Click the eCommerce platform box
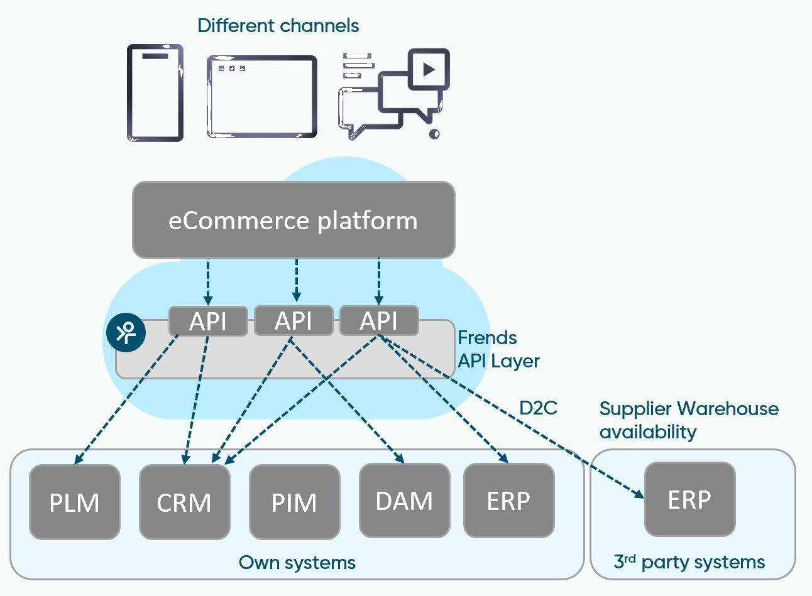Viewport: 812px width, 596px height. (x=293, y=220)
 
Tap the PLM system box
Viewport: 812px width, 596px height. (x=74, y=502)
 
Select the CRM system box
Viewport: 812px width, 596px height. (x=184, y=502)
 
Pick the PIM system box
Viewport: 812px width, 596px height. (x=294, y=502)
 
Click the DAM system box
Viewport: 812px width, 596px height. (x=404, y=501)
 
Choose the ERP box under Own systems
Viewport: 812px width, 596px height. (x=508, y=501)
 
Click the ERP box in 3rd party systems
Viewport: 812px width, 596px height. (x=689, y=499)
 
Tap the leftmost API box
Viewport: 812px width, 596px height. (x=208, y=321)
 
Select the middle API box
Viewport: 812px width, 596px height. (x=294, y=321)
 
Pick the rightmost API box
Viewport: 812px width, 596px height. (x=378, y=321)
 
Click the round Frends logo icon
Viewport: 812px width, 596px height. (x=126, y=332)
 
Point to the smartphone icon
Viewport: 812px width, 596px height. (x=155, y=92)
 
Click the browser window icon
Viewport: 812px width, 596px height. (x=261, y=96)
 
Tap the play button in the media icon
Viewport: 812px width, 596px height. (x=429, y=68)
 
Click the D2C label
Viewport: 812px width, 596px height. (x=538, y=408)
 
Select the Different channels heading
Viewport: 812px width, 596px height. (x=278, y=26)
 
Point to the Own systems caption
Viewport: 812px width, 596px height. (x=297, y=562)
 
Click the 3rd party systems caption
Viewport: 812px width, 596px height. (x=689, y=561)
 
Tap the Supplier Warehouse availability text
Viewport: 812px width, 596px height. (x=688, y=420)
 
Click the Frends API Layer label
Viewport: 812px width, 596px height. (x=498, y=349)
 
